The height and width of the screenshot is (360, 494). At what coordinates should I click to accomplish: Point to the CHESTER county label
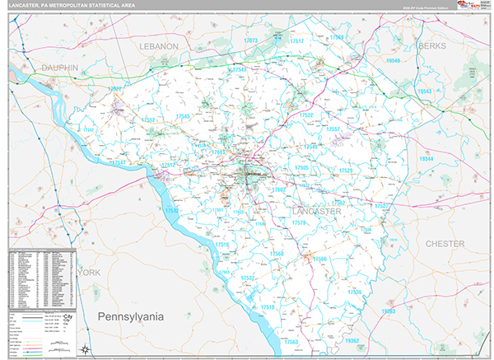pyautogui.click(x=445, y=244)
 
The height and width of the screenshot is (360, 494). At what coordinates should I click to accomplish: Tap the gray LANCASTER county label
pyautogui.click(x=316, y=212)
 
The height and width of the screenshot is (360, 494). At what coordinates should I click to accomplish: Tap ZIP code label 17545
pyautogui.click(x=179, y=117)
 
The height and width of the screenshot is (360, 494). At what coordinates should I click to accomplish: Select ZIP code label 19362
pyautogui.click(x=352, y=340)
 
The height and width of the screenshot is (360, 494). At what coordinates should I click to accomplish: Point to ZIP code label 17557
pyautogui.click(x=333, y=130)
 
